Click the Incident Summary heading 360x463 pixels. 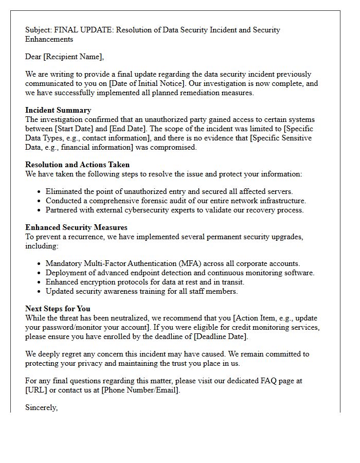point(58,110)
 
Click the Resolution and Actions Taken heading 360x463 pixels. point(77,165)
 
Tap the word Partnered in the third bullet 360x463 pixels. point(63,210)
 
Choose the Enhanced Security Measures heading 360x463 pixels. point(76,227)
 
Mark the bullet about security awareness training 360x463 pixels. point(141,291)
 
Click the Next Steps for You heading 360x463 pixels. point(58,309)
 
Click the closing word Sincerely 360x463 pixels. point(41,407)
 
